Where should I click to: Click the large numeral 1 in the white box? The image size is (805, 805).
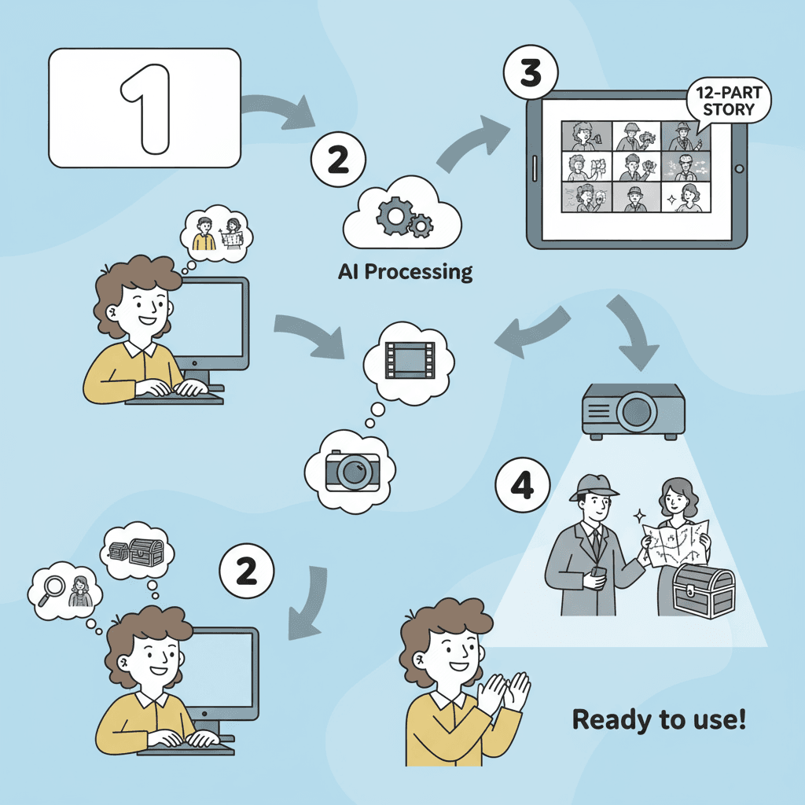tap(145, 108)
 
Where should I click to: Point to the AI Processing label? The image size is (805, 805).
tap(405, 272)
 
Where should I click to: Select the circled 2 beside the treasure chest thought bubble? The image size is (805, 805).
tap(247, 572)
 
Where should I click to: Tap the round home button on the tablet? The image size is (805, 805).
tap(738, 168)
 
